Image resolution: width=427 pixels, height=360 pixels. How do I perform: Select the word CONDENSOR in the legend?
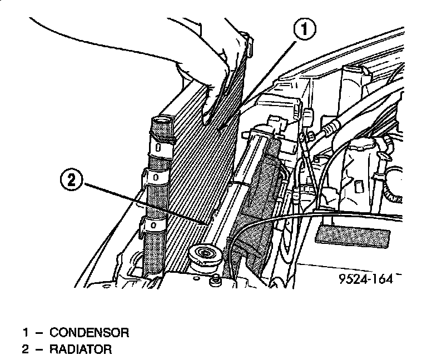click(x=90, y=333)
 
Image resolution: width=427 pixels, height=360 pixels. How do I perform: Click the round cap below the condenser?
click(x=205, y=258)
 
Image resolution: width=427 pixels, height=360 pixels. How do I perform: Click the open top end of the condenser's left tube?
click(x=163, y=121)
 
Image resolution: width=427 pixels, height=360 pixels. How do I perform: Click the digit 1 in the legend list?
click(x=26, y=333)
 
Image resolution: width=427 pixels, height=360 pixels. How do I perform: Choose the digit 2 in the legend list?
click(x=26, y=349)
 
